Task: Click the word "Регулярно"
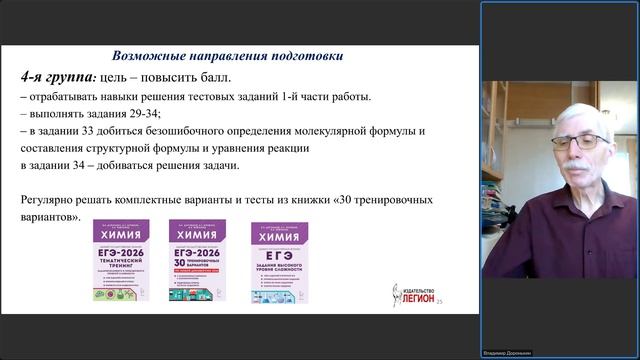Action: pos(48,200)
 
